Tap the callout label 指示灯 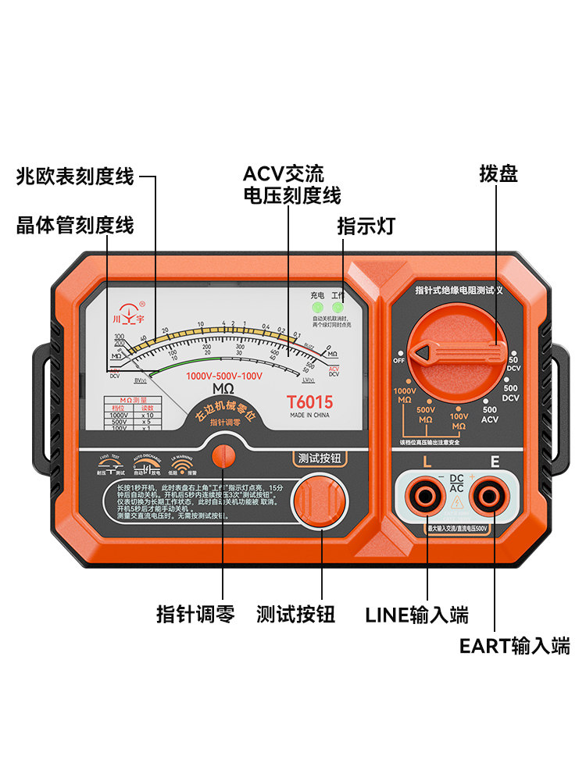(x=366, y=226)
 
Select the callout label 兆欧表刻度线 (x=75, y=177)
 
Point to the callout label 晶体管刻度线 (x=75, y=226)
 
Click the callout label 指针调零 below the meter (x=195, y=614)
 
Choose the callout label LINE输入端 (x=417, y=614)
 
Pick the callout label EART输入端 (x=514, y=646)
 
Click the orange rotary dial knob (x=453, y=352)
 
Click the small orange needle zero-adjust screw (x=223, y=455)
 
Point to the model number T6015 (x=309, y=403)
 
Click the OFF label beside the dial (x=399, y=360)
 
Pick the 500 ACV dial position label (x=490, y=415)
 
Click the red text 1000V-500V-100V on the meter (x=224, y=376)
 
